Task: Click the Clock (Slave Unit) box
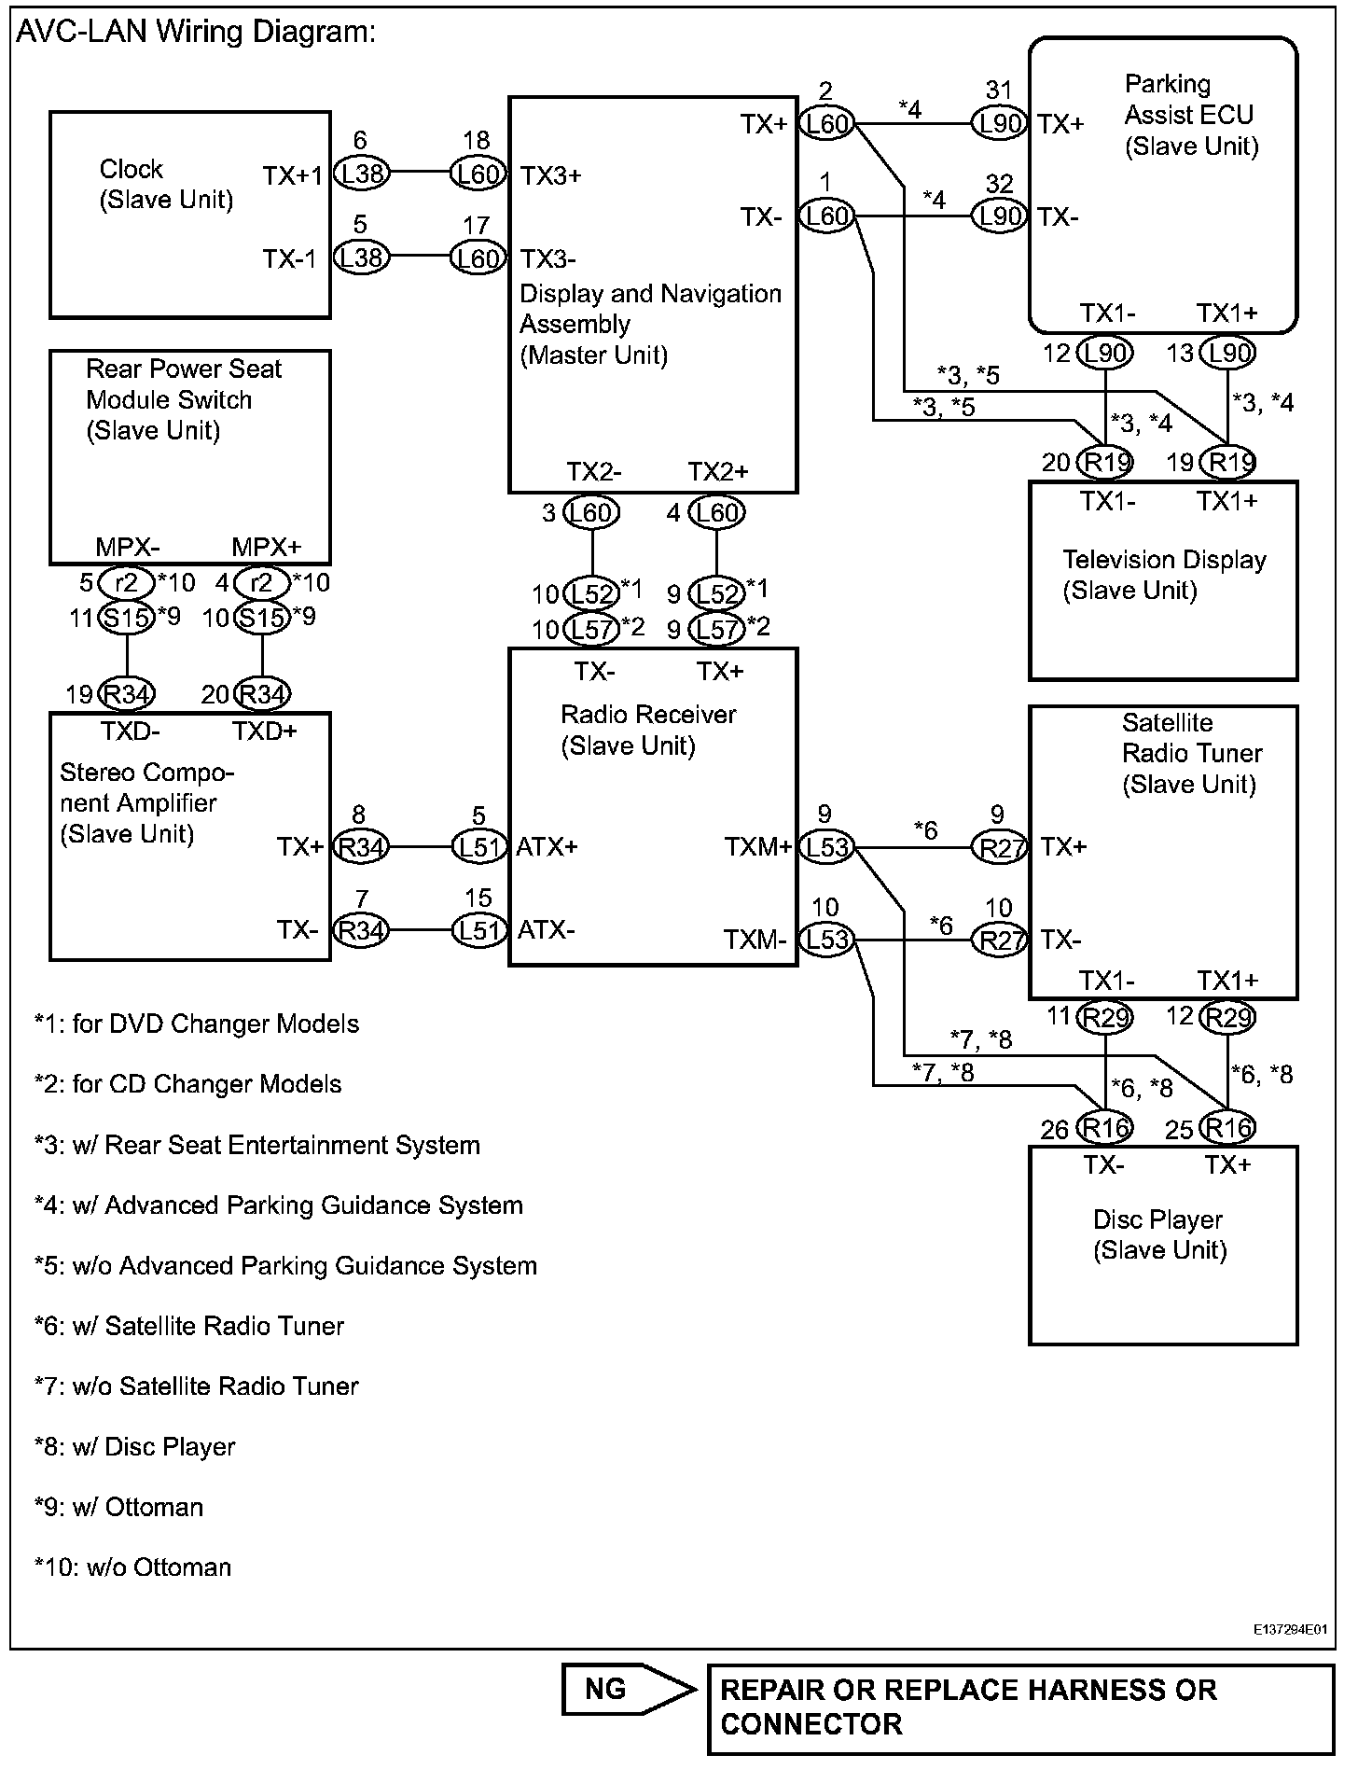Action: (189, 215)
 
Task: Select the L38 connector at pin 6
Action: (361, 174)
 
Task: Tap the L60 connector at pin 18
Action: (478, 174)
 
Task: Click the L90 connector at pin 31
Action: (999, 123)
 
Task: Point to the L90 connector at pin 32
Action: (999, 216)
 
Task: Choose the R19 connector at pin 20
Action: (1105, 462)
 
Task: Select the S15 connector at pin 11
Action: (127, 618)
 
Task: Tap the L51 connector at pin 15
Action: (479, 930)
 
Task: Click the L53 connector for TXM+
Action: (827, 847)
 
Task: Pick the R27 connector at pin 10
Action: (999, 940)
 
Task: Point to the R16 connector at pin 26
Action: (1105, 1128)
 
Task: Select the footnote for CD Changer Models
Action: (188, 1084)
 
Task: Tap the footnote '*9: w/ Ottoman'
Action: (118, 1507)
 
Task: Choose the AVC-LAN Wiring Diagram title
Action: (196, 32)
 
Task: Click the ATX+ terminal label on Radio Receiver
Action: (547, 847)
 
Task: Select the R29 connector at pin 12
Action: (1227, 1016)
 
